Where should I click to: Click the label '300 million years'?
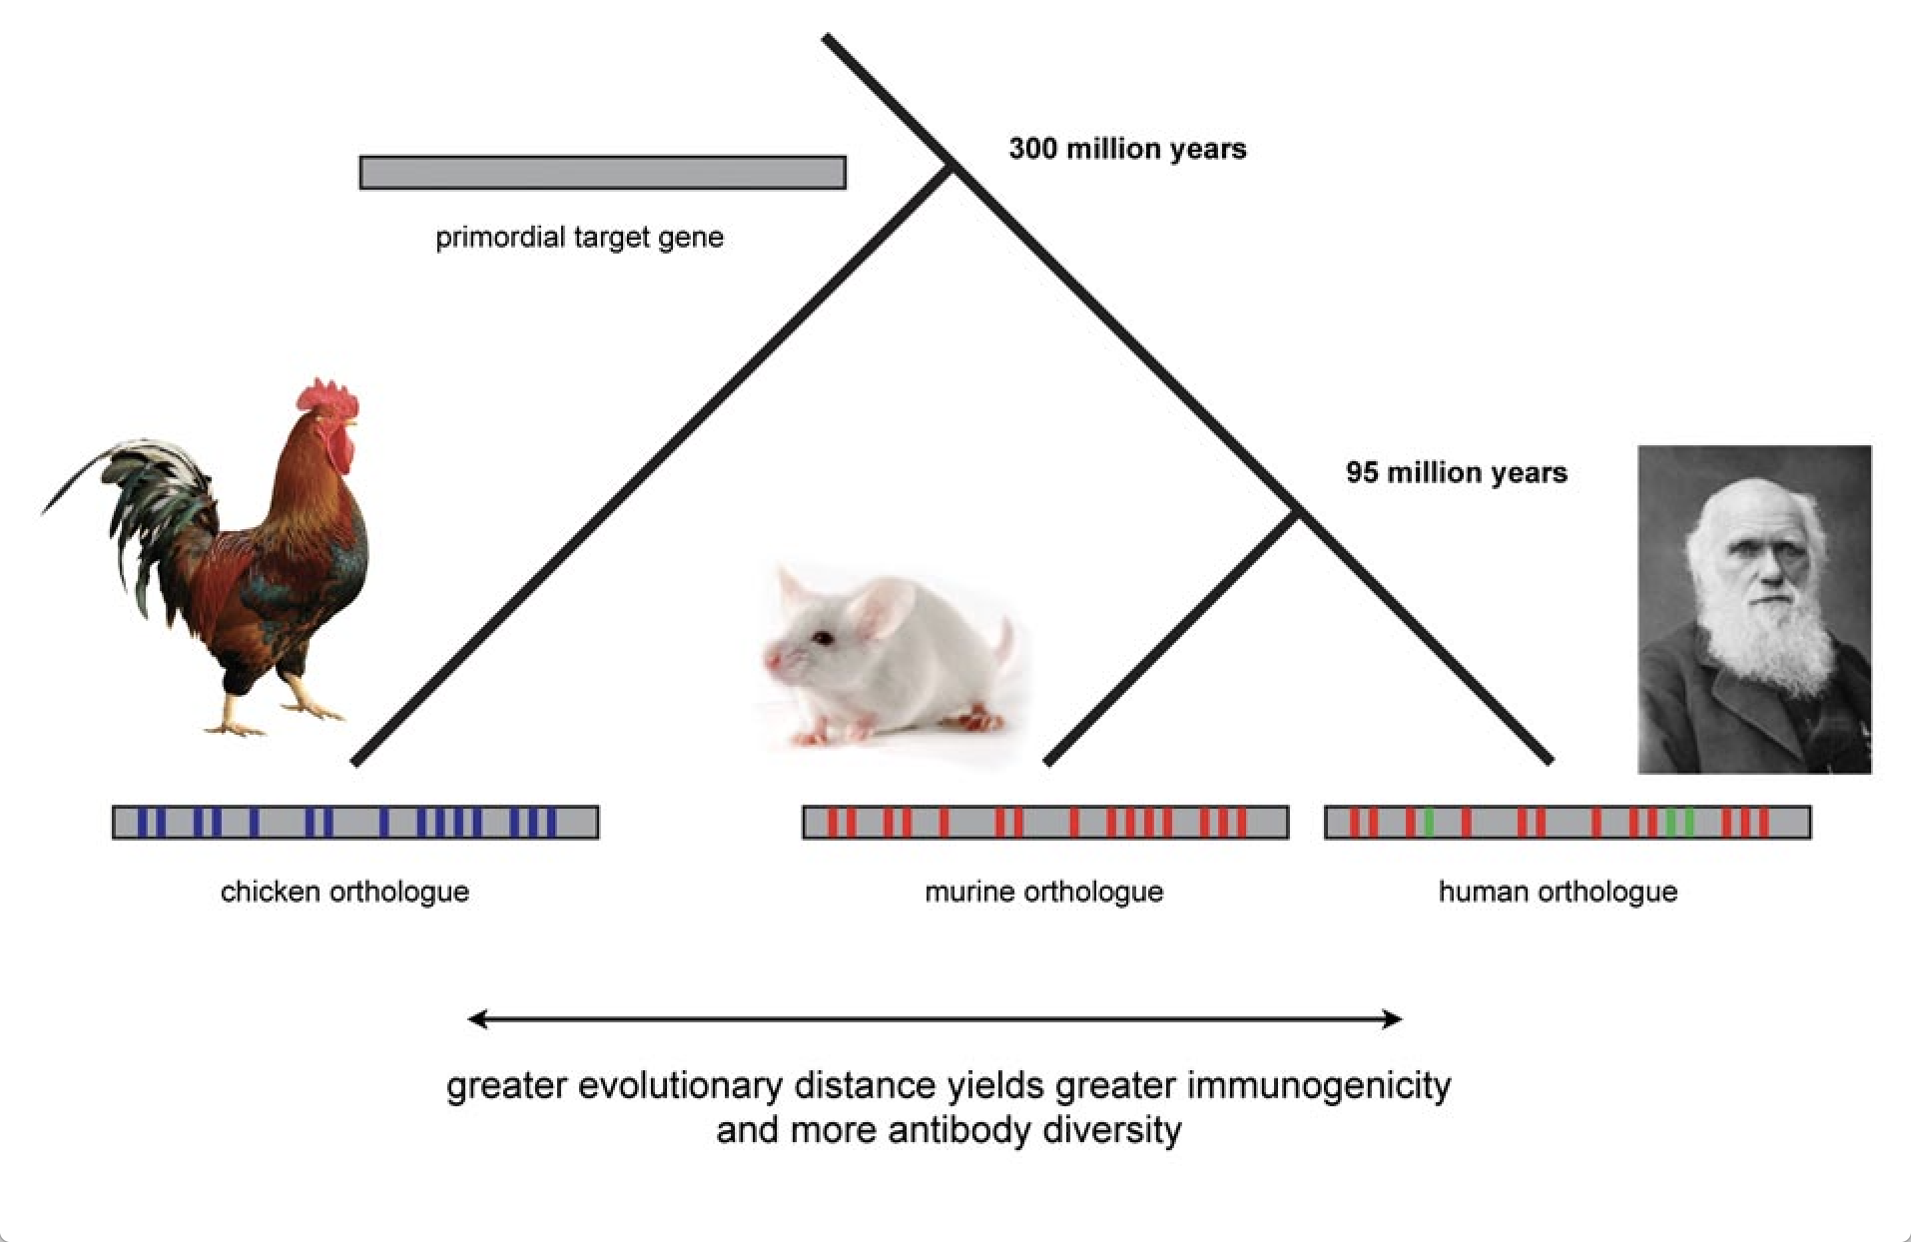pos(1127,150)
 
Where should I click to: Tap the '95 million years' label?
pos(1456,473)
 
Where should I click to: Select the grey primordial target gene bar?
pos(602,173)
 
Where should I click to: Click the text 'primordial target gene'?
pos(579,238)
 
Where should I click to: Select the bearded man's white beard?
pos(1772,639)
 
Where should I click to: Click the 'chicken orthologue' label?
pos(344,892)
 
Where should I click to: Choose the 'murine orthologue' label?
pos(1043,892)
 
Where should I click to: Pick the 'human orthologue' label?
pos(1558,892)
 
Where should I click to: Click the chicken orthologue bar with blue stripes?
pos(354,823)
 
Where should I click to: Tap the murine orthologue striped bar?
pos(1044,823)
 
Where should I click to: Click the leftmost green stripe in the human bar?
pos(1429,823)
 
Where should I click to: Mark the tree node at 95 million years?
pos(1296,512)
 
